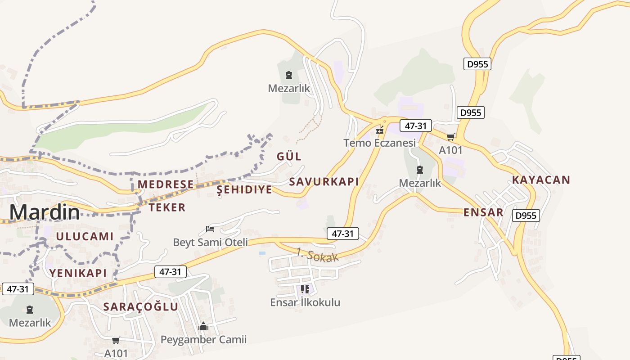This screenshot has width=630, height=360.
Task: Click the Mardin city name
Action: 45,212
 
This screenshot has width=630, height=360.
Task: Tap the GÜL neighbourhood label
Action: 289,157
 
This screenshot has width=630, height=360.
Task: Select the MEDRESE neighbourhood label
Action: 166,184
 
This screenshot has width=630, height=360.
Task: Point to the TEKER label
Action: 167,207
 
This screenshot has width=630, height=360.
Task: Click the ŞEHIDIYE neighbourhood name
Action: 244,189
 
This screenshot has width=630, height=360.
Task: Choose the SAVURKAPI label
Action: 324,182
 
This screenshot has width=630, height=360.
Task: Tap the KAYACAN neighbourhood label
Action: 541,180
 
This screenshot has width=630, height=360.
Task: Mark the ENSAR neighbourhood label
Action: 483,212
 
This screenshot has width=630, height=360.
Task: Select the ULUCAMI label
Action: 85,236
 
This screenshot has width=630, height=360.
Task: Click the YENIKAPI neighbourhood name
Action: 78,273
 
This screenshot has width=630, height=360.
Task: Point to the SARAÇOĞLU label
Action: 140,307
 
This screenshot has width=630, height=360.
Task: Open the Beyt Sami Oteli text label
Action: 210,243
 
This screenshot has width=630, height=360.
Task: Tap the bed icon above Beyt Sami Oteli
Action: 210,229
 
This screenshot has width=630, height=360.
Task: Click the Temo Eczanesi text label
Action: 379,143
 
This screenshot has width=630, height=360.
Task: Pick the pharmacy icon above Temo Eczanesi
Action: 380,130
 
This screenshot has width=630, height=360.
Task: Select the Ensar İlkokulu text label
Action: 305,302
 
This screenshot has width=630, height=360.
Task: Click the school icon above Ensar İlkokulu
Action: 305,289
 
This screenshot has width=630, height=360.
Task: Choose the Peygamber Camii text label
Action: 203,339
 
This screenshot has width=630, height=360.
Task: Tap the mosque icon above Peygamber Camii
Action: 203,326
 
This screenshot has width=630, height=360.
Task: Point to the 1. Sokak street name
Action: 317,255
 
